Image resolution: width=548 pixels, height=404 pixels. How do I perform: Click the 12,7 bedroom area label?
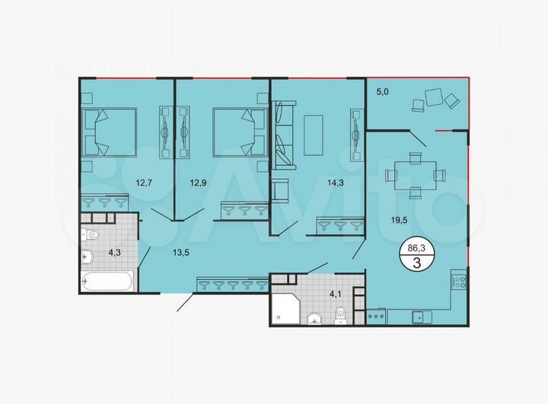pos(145,182)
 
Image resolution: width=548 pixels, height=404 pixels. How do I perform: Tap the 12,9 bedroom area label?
pos(199,182)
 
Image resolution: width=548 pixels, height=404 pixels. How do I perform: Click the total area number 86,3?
pos(417,248)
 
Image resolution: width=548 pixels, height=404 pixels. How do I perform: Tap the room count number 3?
pos(417,262)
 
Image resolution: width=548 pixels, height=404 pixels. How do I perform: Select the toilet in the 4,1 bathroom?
pos(340,313)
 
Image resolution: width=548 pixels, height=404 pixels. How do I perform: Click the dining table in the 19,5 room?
pos(415,175)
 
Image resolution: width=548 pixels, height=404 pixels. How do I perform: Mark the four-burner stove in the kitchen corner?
pos(460,282)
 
